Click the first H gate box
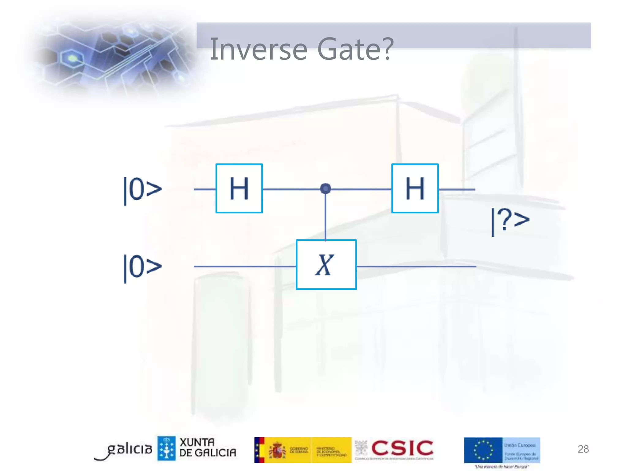(239, 188)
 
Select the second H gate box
(415, 188)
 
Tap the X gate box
(326, 264)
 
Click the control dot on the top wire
(325, 188)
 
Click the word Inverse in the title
(259, 49)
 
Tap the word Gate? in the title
(355, 49)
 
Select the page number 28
(583, 449)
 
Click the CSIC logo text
(402, 448)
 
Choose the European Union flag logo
(483, 450)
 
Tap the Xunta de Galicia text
(208, 447)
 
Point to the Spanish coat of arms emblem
(277, 450)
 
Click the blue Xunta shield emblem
(167, 448)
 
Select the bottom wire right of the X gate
(416, 266)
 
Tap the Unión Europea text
(520, 445)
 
